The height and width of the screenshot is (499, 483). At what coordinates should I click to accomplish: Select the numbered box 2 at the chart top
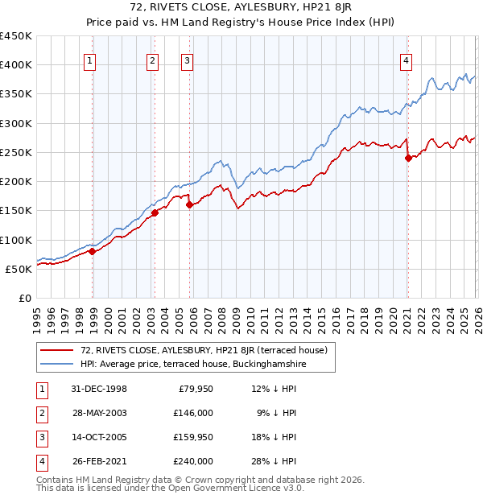point(152,60)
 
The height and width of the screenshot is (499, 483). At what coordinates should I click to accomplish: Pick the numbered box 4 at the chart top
point(407,60)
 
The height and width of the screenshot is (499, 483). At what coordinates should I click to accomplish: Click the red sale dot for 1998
point(93,251)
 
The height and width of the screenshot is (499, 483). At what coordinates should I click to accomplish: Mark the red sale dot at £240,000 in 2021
point(408,158)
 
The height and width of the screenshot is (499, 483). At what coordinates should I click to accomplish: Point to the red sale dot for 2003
point(155,212)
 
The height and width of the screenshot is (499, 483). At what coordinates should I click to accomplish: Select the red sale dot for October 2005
point(190,204)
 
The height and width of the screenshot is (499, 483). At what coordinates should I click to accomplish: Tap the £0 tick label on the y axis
point(24,298)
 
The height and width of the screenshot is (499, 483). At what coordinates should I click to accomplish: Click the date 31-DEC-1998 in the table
point(99,389)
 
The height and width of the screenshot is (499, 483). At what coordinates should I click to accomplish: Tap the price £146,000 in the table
point(194,412)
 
